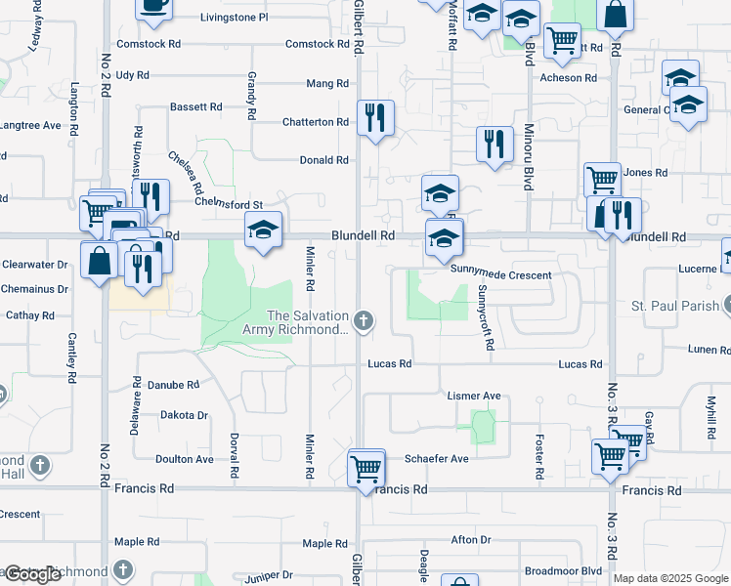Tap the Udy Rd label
point(132,75)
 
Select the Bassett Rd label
point(196,106)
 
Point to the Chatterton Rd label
point(315,122)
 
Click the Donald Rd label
point(323,160)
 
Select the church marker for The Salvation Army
point(364,319)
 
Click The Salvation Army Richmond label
point(307,322)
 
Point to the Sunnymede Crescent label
point(500,275)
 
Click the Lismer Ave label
point(473,396)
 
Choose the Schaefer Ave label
point(437,458)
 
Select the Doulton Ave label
point(185,459)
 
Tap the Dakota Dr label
point(185,415)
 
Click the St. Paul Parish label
point(673,307)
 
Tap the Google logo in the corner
point(32,574)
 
